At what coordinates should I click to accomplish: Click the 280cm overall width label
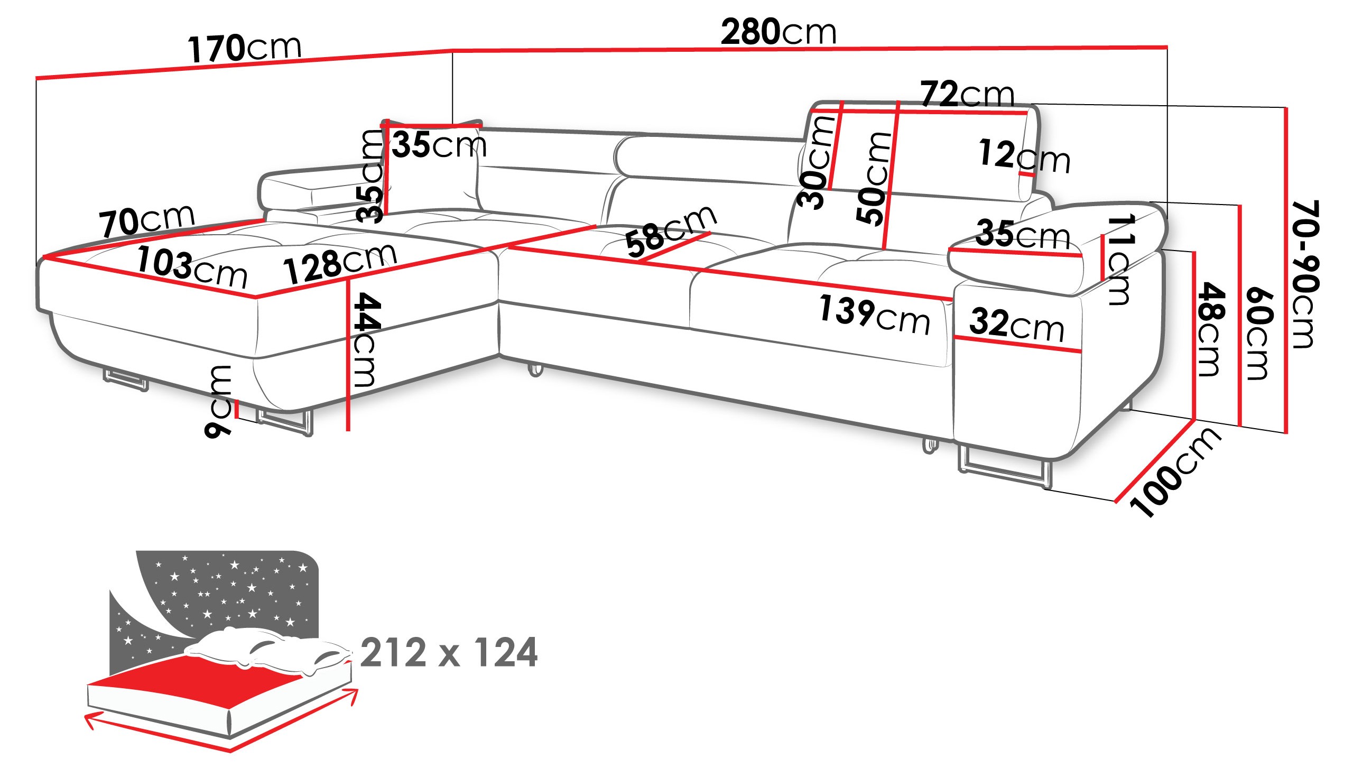point(779,32)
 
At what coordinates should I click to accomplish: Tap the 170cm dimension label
point(245,48)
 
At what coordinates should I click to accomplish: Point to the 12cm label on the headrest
point(1024,156)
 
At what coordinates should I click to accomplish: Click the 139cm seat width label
point(875,315)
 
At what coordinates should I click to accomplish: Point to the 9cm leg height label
point(219,401)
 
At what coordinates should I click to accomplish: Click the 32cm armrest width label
point(1017,325)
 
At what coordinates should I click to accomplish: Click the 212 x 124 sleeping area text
point(449,652)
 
